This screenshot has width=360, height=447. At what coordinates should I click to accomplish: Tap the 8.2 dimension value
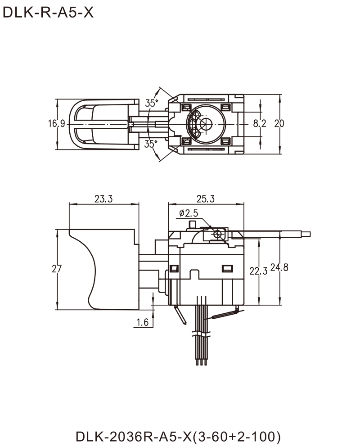click(x=256, y=123)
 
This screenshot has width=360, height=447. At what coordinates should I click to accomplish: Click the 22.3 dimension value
click(x=257, y=270)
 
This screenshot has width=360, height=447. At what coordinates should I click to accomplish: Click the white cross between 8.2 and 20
click(x=269, y=123)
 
